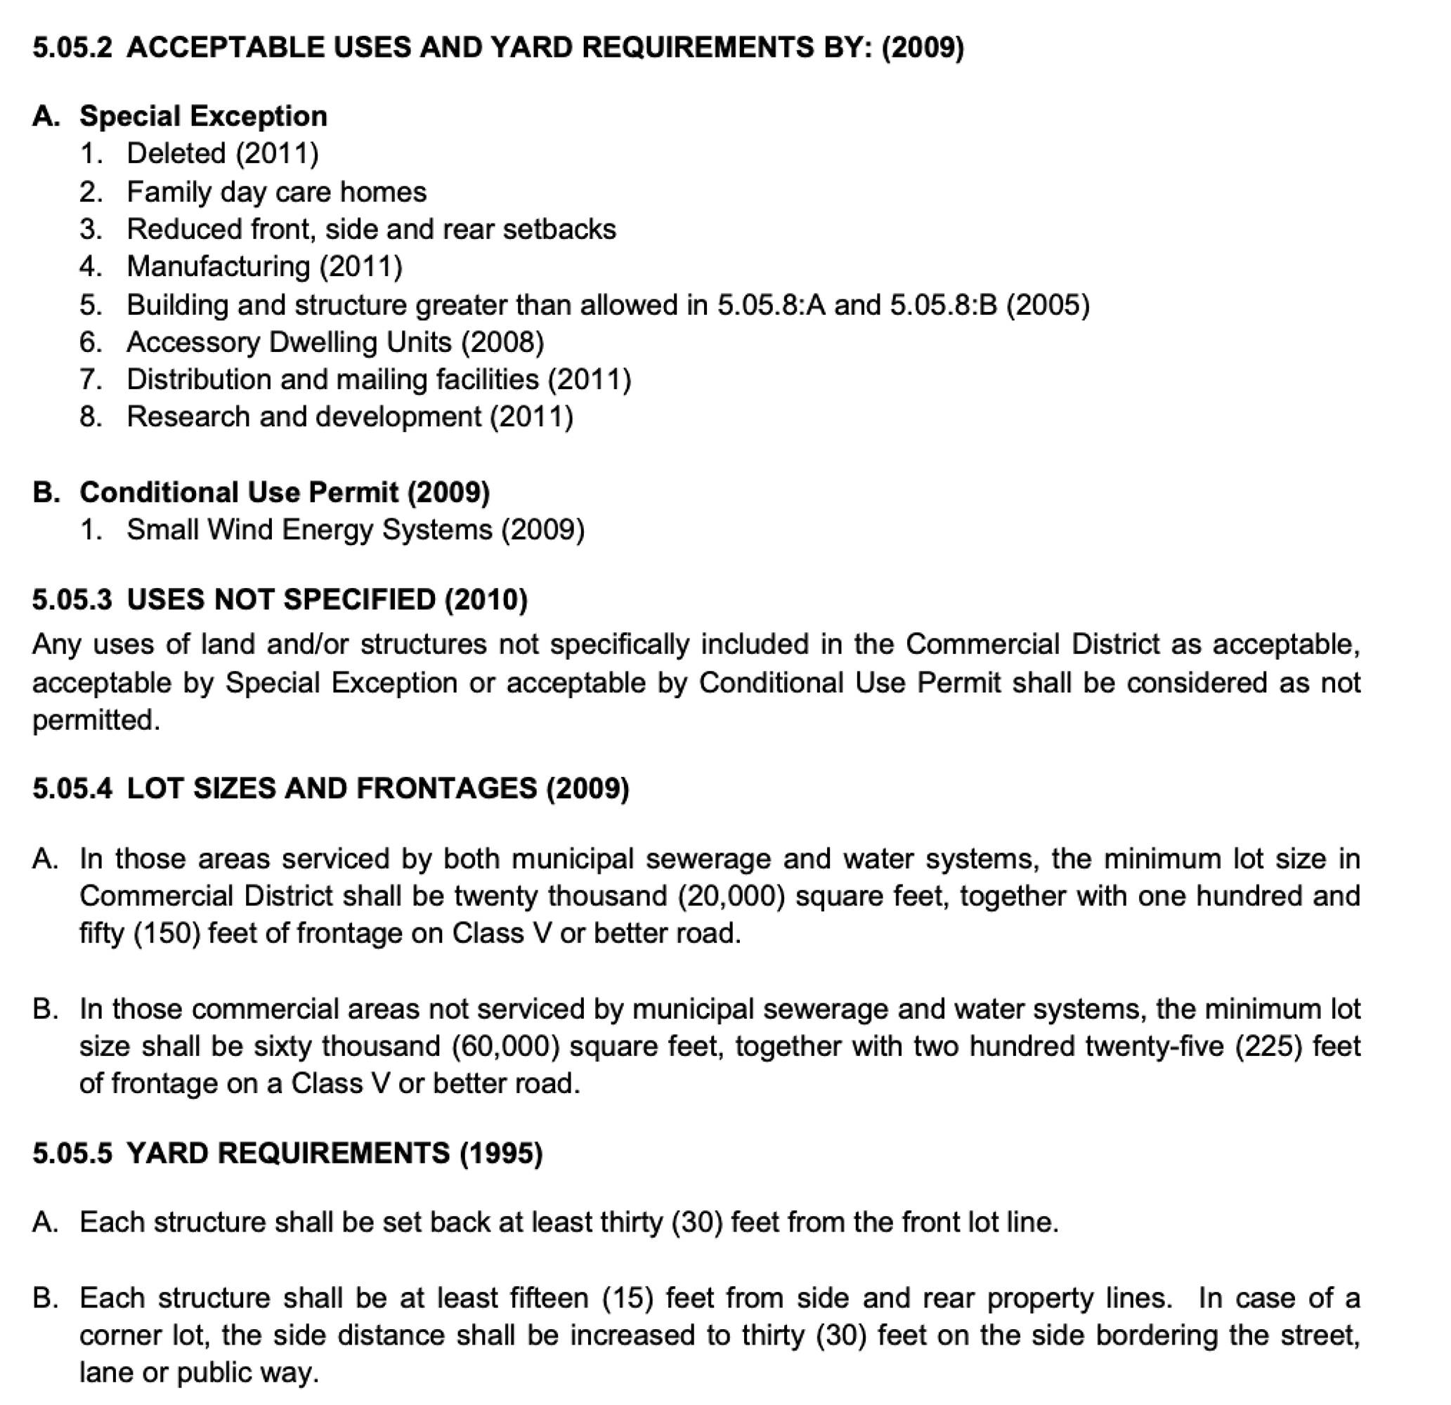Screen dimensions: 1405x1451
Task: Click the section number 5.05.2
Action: [72, 47]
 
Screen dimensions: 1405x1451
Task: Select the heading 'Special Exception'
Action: [203, 116]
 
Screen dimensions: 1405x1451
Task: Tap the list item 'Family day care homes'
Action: [276, 192]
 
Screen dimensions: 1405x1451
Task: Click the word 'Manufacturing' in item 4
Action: [219, 266]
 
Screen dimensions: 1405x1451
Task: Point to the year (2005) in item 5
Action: [1047, 305]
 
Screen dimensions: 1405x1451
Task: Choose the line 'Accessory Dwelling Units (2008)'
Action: [334, 342]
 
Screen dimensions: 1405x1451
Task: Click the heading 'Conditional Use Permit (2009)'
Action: [285, 492]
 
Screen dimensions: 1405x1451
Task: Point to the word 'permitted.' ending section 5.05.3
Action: [96, 720]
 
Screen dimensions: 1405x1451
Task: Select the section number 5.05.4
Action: [72, 788]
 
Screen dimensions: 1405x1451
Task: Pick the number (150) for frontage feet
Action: [167, 934]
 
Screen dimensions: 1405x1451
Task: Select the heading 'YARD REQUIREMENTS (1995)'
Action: [334, 1154]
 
